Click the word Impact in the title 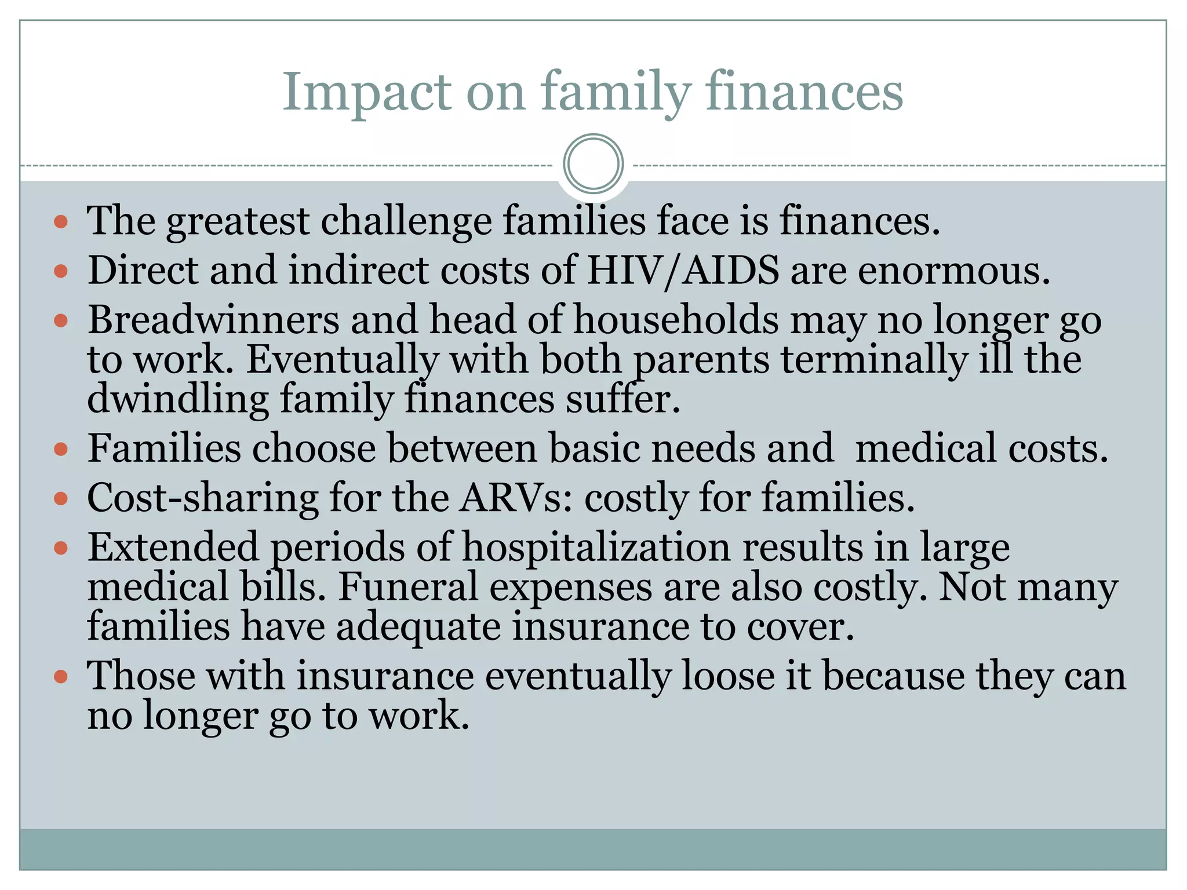366,93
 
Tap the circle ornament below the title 593,164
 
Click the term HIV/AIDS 683,271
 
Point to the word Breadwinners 213,320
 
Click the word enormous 953,271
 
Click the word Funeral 407,587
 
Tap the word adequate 418,627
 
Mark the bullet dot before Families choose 61,449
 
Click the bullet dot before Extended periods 61,548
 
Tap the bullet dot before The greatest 61,222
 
